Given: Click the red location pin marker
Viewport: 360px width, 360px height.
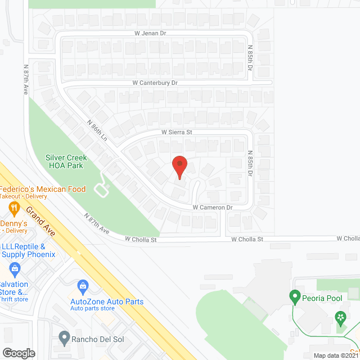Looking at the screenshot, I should click(179, 166).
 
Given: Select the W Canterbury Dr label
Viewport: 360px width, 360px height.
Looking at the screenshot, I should click(155, 83).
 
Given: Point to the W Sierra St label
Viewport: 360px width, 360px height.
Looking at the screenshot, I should click(177, 132).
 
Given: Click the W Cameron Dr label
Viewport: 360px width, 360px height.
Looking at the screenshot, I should click(213, 208).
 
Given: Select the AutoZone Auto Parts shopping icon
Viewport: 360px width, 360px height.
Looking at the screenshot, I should click(83, 286).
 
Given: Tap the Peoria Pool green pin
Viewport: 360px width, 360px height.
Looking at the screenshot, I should click(294, 295).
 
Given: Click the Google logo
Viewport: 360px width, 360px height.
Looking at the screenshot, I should click(19, 353).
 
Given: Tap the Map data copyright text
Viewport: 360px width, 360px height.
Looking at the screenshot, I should click(336, 355).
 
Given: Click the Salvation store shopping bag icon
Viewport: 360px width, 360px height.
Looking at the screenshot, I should click(15, 268).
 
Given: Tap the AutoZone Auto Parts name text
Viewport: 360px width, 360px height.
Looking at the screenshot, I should click(107, 301).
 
